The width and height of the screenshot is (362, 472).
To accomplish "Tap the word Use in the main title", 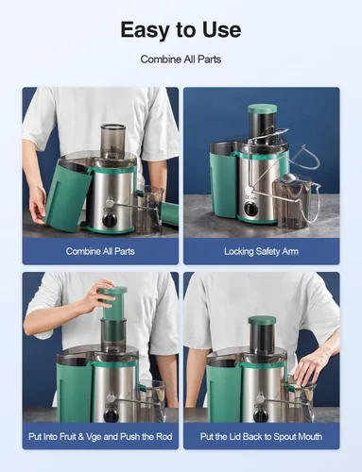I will [220, 29].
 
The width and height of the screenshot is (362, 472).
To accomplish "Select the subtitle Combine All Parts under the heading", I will [181, 59].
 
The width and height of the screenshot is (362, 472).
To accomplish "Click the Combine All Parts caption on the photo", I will [100, 251].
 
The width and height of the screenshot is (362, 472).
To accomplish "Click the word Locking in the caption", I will [240, 251].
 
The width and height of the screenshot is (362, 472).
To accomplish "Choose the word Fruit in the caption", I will [87, 436].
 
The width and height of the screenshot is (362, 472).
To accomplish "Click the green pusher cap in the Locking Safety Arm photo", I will [262, 110].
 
